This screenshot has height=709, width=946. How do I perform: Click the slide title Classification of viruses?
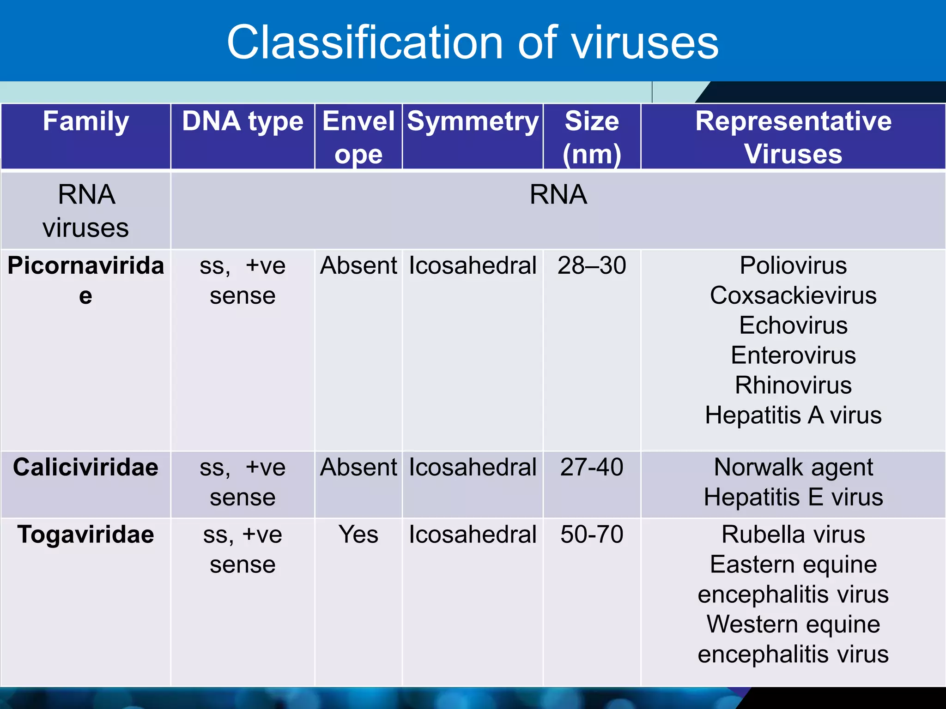click(472, 42)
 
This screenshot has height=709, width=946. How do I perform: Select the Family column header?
click(86, 122)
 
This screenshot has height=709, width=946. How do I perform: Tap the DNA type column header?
click(243, 122)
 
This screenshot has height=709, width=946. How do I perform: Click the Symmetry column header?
click(473, 122)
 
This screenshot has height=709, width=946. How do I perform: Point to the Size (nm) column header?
click(592, 137)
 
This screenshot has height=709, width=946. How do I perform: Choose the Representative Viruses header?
click(793, 137)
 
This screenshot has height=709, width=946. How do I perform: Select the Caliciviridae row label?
click(86, 467)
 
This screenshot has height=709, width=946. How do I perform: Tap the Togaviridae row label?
click(86, 535)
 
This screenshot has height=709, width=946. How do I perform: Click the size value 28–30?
click(592, 265)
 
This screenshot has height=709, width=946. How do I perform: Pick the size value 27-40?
click(592, 467)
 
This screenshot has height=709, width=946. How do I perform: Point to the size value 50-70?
click(592, 535)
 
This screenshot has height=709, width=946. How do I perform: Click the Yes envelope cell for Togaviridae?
click(358, 535)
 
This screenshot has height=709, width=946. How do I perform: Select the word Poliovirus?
click(793, 265)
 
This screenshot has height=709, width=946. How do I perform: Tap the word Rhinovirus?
click(793, 385)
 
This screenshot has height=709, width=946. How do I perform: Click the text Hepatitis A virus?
click(793, 415)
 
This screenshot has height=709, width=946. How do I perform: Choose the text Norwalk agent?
click(793, 467)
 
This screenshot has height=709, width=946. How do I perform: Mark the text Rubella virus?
click(793, 535)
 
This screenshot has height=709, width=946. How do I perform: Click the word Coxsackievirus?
click(793, 295)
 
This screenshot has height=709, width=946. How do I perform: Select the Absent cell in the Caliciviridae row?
click(358, 467)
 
